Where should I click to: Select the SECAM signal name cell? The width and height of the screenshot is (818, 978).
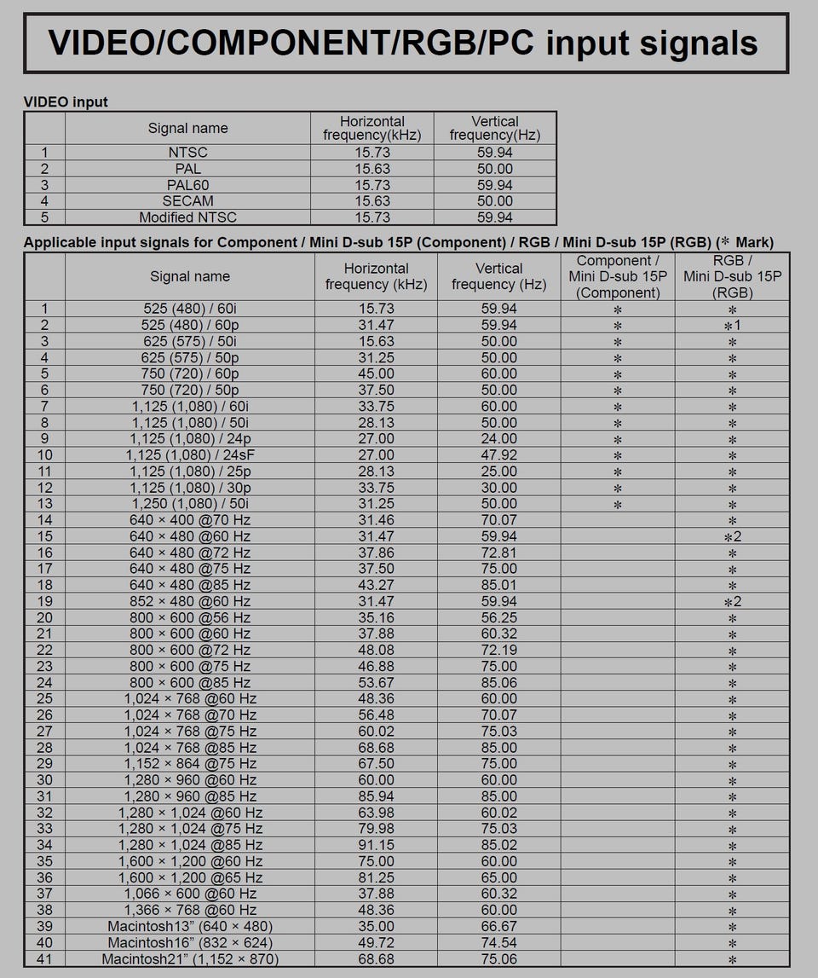pos(187,201)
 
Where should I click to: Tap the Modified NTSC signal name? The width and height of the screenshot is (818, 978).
pos(187,217)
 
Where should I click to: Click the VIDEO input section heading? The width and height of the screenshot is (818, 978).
pos(66,102)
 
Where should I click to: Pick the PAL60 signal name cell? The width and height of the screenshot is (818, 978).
pos(187,185)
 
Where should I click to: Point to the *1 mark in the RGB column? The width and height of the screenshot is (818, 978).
pos(732,326)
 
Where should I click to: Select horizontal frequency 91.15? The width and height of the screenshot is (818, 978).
pos(376,845)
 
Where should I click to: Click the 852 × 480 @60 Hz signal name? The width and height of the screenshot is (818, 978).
pos(190,601)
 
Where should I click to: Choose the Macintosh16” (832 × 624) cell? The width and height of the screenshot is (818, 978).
pos(190,942)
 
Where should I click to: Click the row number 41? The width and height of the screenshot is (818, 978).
pos(44,959)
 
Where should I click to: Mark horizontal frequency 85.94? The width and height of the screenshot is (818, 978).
pos(376,796)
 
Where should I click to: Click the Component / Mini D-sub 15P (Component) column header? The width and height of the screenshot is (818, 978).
pos(618,277)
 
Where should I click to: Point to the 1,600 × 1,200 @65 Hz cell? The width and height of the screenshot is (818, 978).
pos(190,877)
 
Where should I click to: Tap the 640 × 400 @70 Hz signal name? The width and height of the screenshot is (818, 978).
pos(190,520)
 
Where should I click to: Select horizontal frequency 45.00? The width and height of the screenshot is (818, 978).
pos(376,373)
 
